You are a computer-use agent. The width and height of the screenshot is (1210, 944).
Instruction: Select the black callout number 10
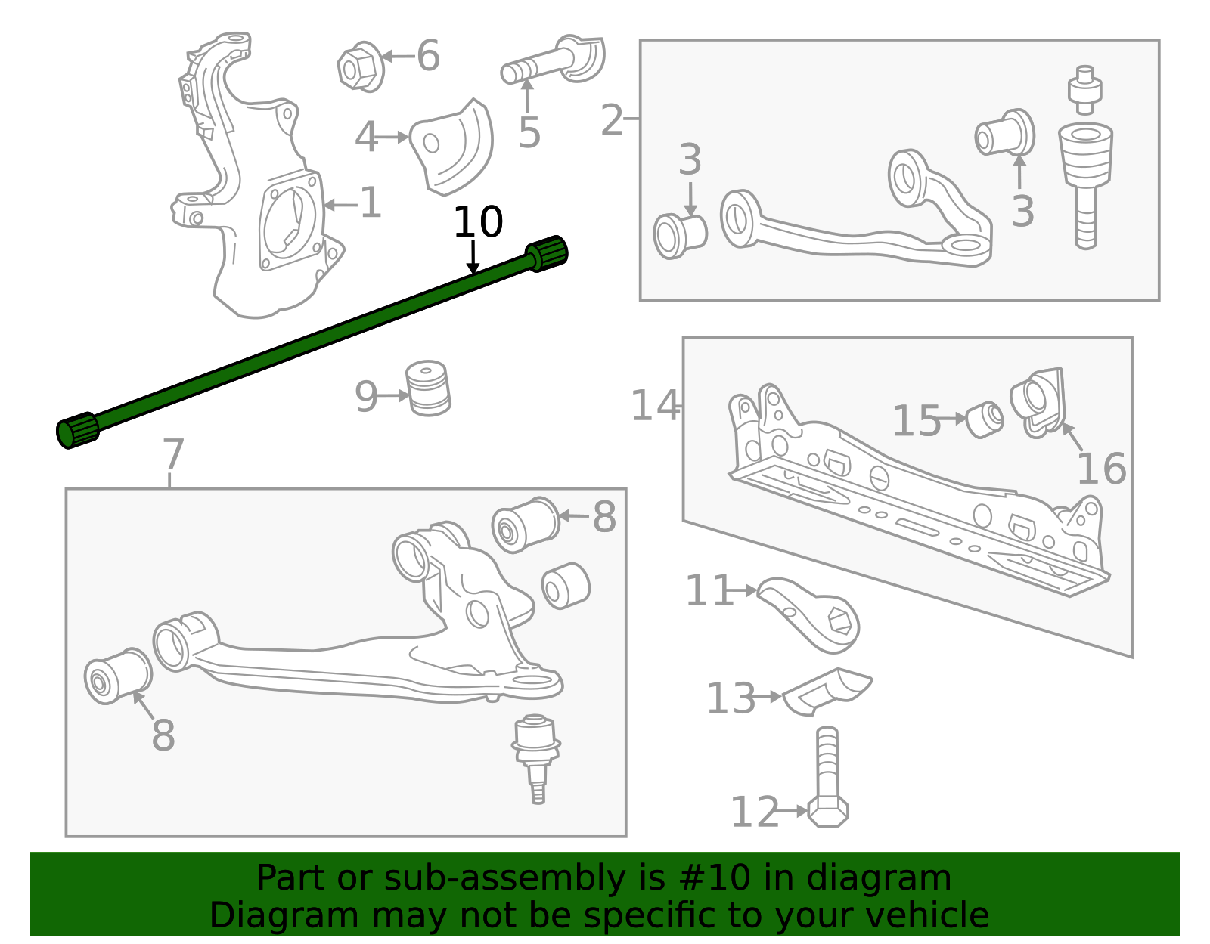click(x=477, y=223)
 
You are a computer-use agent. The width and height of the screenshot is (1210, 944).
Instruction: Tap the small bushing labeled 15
click(x=985, y=419)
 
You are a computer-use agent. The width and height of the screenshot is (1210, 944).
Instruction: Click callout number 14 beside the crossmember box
click(x=654, y=406)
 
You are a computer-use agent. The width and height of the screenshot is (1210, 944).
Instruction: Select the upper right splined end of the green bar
click(x=548, y=252)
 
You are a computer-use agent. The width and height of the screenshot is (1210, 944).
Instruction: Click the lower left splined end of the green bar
click(x=77, y=431)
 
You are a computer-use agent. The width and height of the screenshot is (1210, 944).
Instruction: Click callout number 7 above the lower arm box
click(x=173, y=455)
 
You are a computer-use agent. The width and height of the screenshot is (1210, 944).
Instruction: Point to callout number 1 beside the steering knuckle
click(x=370, y=203)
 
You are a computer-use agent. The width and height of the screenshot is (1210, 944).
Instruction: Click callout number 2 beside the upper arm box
click(x=611, y=120)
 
